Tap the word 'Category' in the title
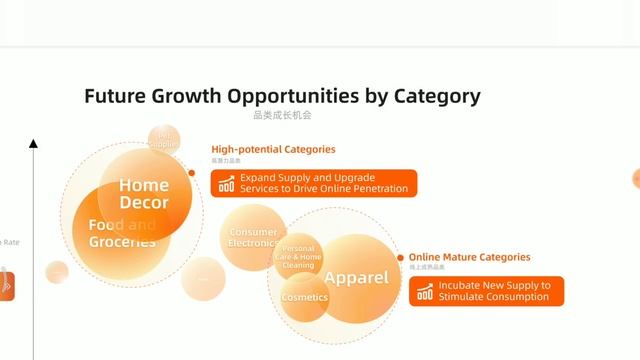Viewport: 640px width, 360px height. [x=432, y=97]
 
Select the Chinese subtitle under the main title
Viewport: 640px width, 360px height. [x=281, y=116]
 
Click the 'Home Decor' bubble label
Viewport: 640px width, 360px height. [x=144, y=193]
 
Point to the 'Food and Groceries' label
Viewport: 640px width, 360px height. [x=122, y=233]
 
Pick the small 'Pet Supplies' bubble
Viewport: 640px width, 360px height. [x=164, y=140]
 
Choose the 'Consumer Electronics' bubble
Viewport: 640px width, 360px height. [x=252, y=238]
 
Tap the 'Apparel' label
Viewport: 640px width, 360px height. [x=356, y=277]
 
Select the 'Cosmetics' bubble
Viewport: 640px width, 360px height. [x=304, y=298]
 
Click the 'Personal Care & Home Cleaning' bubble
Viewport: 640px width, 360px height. [x=298, y=257]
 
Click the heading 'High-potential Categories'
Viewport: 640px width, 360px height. [x=273, y=149]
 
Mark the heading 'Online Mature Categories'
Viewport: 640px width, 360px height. [x=469, y=257]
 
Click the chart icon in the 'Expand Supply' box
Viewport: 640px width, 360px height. [x=227, y=184]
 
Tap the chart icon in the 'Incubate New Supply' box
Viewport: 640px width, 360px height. [x=425, y=291]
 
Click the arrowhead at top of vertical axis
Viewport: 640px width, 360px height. [x=34, y=144]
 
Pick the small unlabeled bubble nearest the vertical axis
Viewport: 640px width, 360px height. [x=57, y=272]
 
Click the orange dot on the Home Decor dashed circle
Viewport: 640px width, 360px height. [x=191, y=172]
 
